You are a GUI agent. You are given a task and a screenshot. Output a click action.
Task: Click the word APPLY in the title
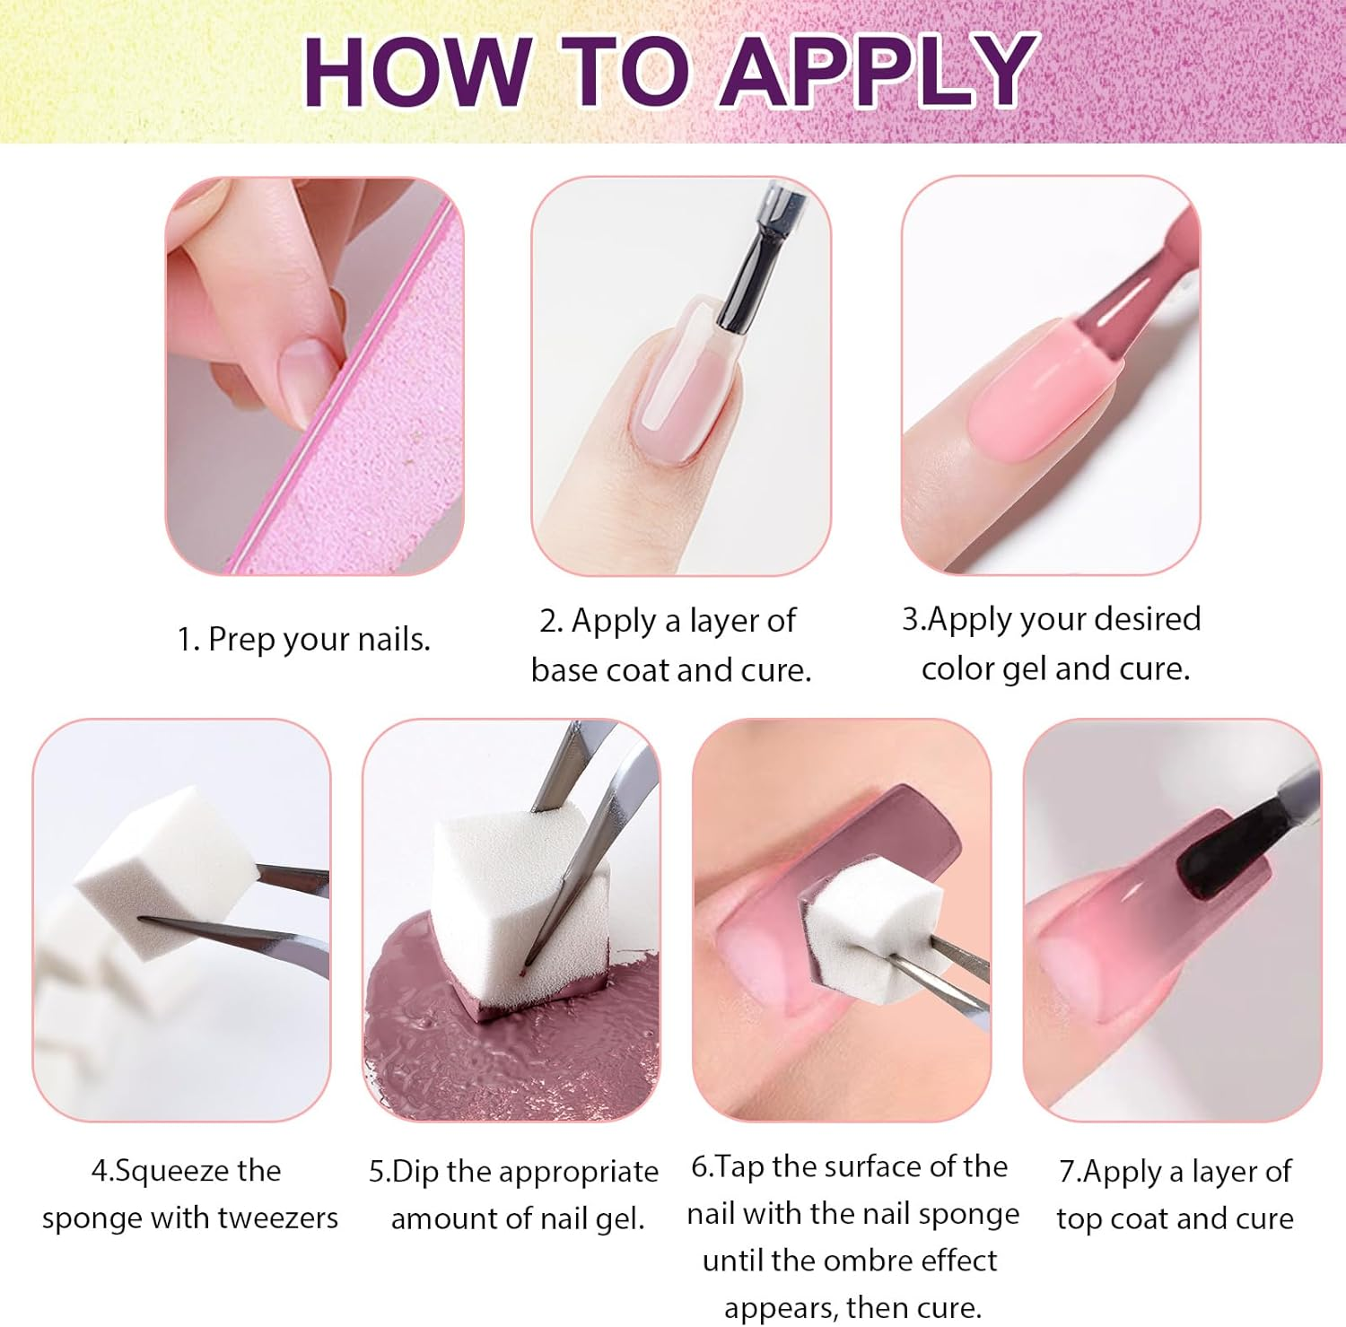point(879,72)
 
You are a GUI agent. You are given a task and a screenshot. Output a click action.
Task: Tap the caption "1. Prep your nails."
point(303,640)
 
